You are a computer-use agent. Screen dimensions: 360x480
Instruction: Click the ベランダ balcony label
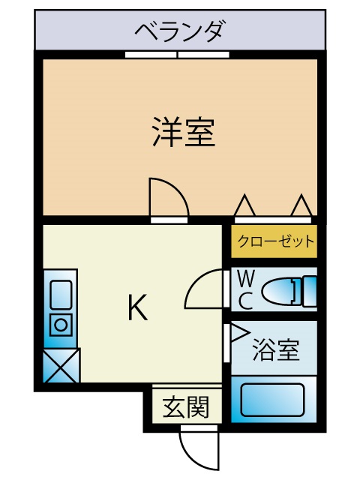[181, 31]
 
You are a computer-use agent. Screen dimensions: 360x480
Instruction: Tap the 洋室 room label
[184, 132]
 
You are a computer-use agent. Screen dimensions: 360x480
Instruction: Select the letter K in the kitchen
[137, 307]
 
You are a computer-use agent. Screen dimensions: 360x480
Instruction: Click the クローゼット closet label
[276, 241]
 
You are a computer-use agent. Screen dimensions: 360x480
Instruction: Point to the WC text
[245, 290]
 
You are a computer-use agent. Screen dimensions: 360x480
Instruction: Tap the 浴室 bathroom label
[275, 349]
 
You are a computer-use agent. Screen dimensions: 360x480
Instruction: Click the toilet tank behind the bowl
[310, 291]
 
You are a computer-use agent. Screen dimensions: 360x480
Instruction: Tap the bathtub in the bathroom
[272, 400]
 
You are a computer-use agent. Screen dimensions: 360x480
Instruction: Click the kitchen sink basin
[61, 295]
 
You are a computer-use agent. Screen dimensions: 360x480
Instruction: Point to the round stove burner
[61, 325]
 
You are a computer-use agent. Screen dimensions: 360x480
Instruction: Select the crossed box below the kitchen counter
[61, 365]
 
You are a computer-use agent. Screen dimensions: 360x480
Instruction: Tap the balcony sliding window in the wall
[177, 55]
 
